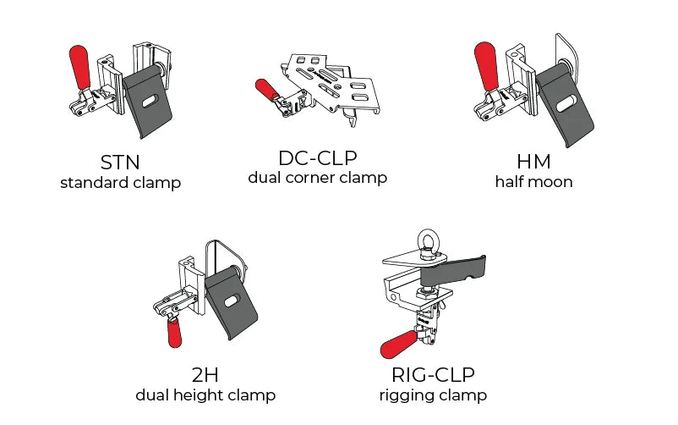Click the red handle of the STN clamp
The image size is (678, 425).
point(79,66)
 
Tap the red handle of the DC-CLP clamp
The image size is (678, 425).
point(267,90)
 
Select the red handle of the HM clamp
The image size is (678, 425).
point(486,65)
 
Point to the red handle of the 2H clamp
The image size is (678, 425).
point(174,332)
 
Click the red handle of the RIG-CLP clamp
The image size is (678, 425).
point(400,344)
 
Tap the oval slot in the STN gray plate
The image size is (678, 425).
point(150,102)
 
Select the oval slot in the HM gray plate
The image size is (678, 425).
point(565,104)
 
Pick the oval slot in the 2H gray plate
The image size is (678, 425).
point(232,301)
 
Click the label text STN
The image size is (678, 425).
point(120,163)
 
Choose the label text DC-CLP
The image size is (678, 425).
point(318,158)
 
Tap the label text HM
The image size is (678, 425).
point(534,162)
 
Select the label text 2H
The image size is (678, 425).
point(205,375)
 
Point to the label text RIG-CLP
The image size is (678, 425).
point(434,375)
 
